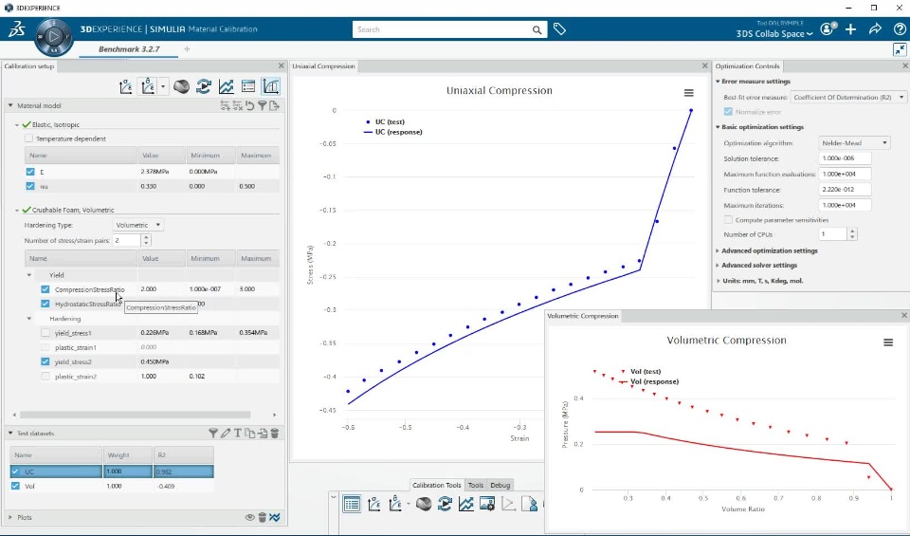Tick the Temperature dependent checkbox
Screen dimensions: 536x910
pyautogui.click(x=29, y=139)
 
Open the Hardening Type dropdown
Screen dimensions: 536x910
pyautogui.click(x=138, y=225)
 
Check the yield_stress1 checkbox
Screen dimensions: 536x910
pyautogui.click(x=45, y=333)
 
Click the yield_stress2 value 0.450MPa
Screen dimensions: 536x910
pyautogui.click(x=155, y=361)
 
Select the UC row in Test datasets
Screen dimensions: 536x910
pyautogui.click(x=57, y=471)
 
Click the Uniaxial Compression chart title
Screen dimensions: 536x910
pyautogui.click(x=499, y=91)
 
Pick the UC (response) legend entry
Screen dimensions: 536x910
pyautogui.click(x=398, y=132)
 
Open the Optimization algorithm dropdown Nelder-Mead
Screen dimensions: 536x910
pyautogui.click(x=854, y=143)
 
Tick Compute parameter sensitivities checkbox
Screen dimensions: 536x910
pyautogui.click(x=727, y=220)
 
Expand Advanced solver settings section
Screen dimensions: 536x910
pyautogui.click(x=758, y=266)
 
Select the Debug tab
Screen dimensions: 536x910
pyautogui.click(x=500, y=485)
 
